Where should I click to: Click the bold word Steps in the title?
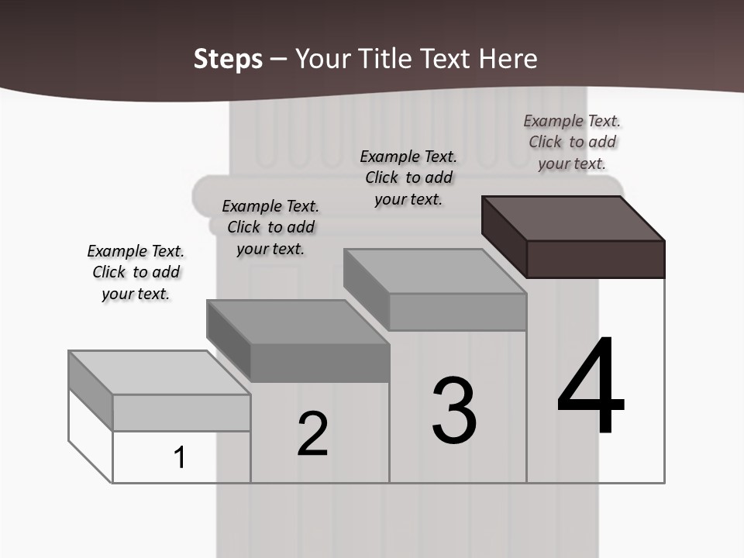tap(228, 59)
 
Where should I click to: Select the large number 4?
tap(591, 387)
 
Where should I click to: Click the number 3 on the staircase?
tap(454, 411)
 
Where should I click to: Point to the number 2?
tap(313, 435)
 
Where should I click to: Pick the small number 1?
tap(180, 457)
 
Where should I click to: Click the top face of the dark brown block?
tap(573, 218)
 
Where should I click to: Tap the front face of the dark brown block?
tap(595, 259)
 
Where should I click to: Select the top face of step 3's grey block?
tap(435, 270)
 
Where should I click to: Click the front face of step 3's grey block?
tap(457, 312)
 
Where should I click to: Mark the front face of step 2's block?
tap(319, 363)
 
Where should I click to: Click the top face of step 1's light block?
tap(159, 372)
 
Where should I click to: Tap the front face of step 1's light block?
tap(181, 412)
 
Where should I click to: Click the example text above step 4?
tap(572, 142)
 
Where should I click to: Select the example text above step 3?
tap(408, 177)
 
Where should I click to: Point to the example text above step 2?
tap(270, 227)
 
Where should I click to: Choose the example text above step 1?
tap(136, 272)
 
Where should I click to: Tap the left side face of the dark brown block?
tap(504, 236)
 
